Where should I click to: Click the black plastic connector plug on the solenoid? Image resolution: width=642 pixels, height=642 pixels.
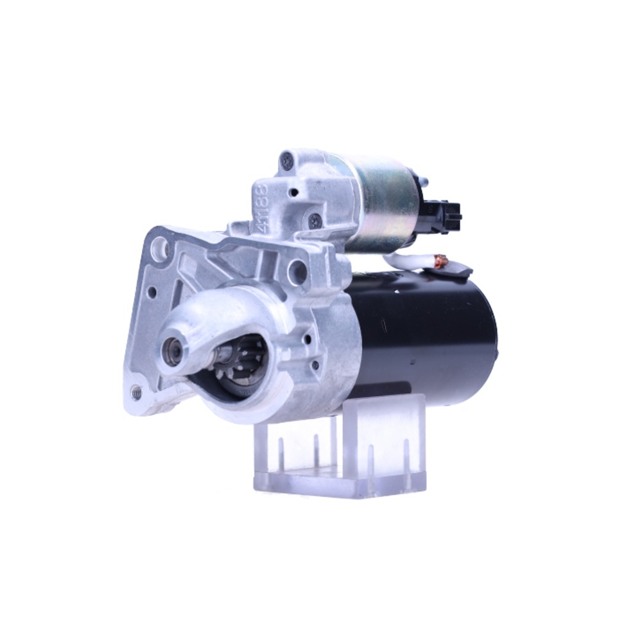[447, 214]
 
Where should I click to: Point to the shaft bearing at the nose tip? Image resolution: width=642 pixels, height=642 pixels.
[173, 351]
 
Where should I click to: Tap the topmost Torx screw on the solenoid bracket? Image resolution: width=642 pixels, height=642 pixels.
[287, 160]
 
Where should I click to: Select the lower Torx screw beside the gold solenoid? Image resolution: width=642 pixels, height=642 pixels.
[315, 220]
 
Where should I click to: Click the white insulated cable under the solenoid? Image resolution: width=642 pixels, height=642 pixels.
[404, 260]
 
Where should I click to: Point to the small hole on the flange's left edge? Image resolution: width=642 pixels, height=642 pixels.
[152, 291]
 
